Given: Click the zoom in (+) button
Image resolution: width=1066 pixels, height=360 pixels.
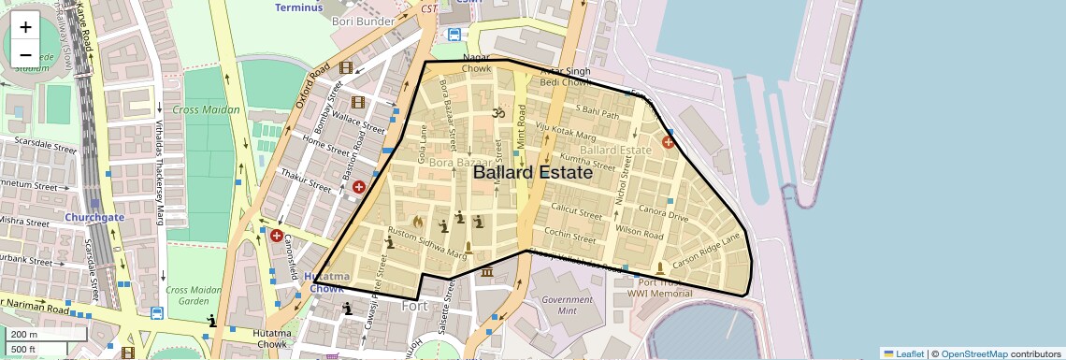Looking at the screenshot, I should click(25, 27).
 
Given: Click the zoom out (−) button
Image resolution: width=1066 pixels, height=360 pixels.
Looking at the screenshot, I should click(25, 54).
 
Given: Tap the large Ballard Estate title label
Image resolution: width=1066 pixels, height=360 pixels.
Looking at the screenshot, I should click(532, 173).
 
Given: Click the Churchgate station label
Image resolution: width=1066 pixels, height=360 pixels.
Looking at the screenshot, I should click(94, 217).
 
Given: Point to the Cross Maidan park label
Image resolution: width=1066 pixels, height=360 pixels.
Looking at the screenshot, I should click(206, 109).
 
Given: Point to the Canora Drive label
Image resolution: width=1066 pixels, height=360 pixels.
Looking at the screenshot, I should click(663, 218).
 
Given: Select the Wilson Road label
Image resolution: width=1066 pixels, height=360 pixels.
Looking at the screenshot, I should click(640, 231).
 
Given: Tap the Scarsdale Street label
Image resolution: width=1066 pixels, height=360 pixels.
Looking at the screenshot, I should click(39, 148).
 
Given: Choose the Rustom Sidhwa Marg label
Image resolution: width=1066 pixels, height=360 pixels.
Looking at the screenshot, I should click(427, 242).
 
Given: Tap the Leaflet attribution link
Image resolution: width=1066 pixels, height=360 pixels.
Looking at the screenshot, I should click(903, 353).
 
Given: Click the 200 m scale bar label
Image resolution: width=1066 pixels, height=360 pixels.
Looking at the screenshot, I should click(25, 335).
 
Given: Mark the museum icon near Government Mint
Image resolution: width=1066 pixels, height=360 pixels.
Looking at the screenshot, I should click(486, 272).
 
